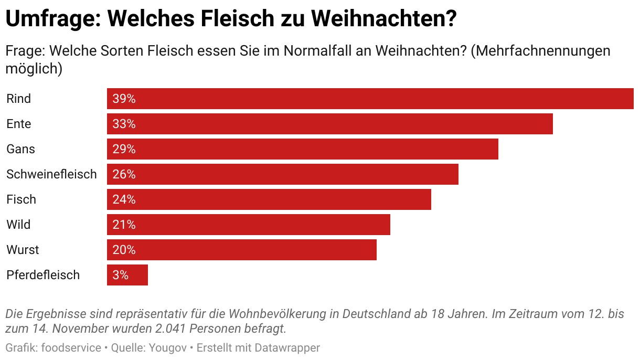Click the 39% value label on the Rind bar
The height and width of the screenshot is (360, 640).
click(124, 99)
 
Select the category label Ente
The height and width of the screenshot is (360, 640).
click(19, 124)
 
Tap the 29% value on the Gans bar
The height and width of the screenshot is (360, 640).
click(124, 149)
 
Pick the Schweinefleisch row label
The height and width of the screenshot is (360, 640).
click(51, 174)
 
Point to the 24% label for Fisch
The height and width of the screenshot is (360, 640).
click(124, 199)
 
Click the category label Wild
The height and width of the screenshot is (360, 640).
click(18, 225)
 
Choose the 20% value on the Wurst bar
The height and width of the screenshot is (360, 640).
click(124, 250)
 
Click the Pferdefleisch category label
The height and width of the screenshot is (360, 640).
click(43, 275)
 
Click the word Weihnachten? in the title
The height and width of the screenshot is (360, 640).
click(383, 19)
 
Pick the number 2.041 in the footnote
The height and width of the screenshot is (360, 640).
click(170, 329)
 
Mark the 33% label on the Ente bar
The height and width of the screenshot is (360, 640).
click(124, 124)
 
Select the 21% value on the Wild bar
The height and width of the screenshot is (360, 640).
click(124, 225)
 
